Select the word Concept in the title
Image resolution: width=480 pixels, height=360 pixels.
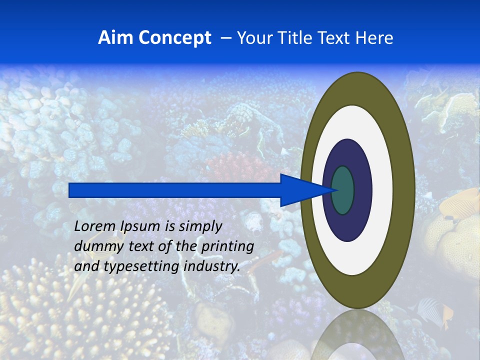tap(174, 38)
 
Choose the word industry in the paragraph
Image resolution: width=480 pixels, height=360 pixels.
tap(212, 266)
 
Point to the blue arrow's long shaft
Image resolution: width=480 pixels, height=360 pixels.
tap(175, 190)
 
